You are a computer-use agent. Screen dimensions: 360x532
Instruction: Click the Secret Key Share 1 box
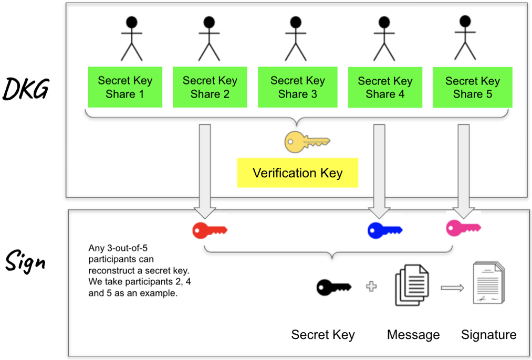point(125,87)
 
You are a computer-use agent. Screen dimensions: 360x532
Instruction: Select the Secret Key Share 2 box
point(210,87)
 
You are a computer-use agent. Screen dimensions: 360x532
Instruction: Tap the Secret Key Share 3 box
point(297,87)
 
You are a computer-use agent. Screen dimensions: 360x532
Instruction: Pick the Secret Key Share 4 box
point(385,88)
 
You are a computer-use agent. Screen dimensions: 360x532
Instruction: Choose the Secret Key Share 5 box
point(473,87)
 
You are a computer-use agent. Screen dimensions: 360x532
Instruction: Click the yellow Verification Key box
point(297,173)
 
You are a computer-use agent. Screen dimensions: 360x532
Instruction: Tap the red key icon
point(209,230)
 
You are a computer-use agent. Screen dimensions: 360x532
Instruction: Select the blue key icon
point(384,230)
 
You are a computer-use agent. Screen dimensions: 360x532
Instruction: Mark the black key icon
point(333,287)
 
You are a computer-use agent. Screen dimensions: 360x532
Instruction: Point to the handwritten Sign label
point(25,261)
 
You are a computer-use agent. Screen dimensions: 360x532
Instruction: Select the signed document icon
point(488,284)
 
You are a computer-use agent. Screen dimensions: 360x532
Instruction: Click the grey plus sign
point(371,287)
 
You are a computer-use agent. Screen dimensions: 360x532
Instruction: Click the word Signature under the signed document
point(488,335)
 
